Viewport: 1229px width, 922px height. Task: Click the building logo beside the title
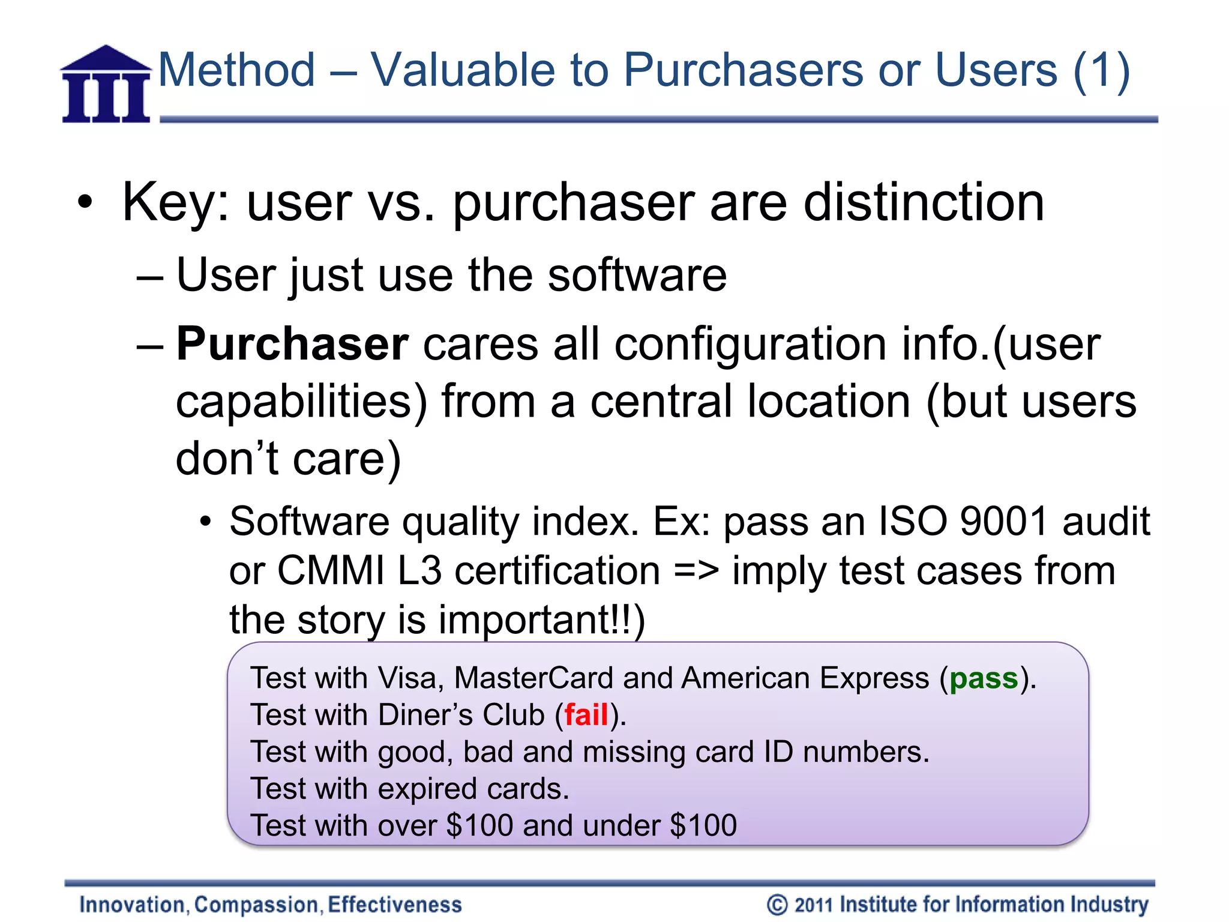(x=106, y=85)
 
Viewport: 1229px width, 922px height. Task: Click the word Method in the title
(x=236, y=70)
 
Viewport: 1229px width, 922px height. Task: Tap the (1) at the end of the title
(x=1101, y=71)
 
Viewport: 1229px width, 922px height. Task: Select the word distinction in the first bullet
(x=924, y=202)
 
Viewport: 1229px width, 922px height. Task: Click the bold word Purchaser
(x=292, y=344)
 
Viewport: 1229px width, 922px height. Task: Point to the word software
(x=637, y=275)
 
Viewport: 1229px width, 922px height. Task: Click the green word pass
(x=984, y=678)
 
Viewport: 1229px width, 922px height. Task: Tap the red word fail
(x=586, y=715)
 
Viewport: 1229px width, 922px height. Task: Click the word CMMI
(x=331, y=570)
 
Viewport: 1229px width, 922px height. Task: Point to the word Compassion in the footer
(x=256, y=905)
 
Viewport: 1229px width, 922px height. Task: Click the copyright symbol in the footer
(x=777, y=905)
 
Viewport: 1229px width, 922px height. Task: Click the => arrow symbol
(x=696, y=570)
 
